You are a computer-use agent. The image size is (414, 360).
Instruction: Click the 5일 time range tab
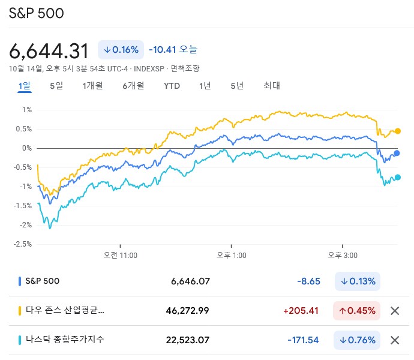(x=56, y=86)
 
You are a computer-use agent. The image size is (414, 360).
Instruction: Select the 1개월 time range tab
(x=92, y=86)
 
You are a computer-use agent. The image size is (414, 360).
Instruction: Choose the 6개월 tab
(x=133, y=86)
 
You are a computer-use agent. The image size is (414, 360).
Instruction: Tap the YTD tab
(x=172, y=86)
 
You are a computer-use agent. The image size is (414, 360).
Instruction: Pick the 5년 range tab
(x=236, y=86)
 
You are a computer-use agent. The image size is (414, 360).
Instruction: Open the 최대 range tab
(x=272, y=86)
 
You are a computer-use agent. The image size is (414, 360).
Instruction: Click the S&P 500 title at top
(x=36, y=13)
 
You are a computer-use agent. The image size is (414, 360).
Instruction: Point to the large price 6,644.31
(x=49, y=50)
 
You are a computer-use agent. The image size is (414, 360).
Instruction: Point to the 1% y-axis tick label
(x=27, y=110)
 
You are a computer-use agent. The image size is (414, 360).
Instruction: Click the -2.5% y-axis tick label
(x=22, y=244)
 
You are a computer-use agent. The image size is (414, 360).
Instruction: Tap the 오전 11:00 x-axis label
(x=120, y=255)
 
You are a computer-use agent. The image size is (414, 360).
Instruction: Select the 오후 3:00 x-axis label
(x=342, y=255)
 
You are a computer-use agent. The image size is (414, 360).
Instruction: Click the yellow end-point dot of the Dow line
(x=397, y=131)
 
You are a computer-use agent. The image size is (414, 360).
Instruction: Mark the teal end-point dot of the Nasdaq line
(x=397, y=177)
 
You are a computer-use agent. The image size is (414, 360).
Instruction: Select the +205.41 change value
(x=304, y=311)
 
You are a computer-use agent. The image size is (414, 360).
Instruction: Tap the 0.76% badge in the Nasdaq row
(x=357, y=340)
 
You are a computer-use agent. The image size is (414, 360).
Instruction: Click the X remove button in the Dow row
(x=395, y=311)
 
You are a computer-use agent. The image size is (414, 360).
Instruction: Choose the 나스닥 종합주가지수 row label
(x=65, y=340)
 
